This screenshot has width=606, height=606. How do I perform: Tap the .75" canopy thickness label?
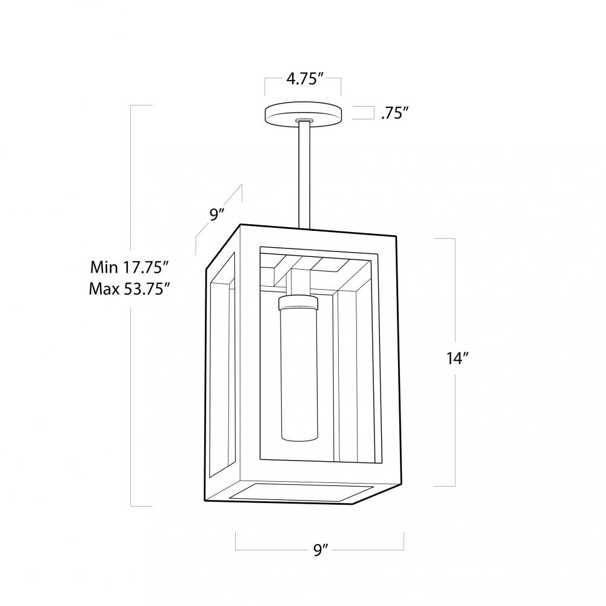pyautogui.click(x=395, y=113)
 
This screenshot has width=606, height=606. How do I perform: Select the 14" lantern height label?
pyautogui.click(x=458, y=359)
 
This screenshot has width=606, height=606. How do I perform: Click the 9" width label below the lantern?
pyautogui.click(x=321, y=550)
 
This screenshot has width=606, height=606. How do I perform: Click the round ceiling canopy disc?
pyautogui.click(x=304, y=113)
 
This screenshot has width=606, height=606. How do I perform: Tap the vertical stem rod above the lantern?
pyautogui.click(x=304, y=175)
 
